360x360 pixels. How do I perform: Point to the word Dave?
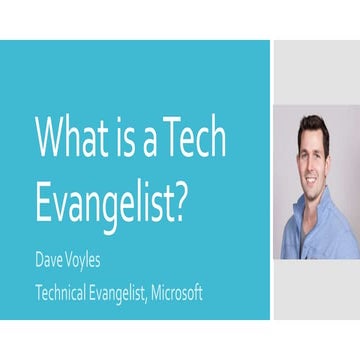[x=51, y=263]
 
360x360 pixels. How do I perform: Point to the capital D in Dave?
[x=39, y=263]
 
